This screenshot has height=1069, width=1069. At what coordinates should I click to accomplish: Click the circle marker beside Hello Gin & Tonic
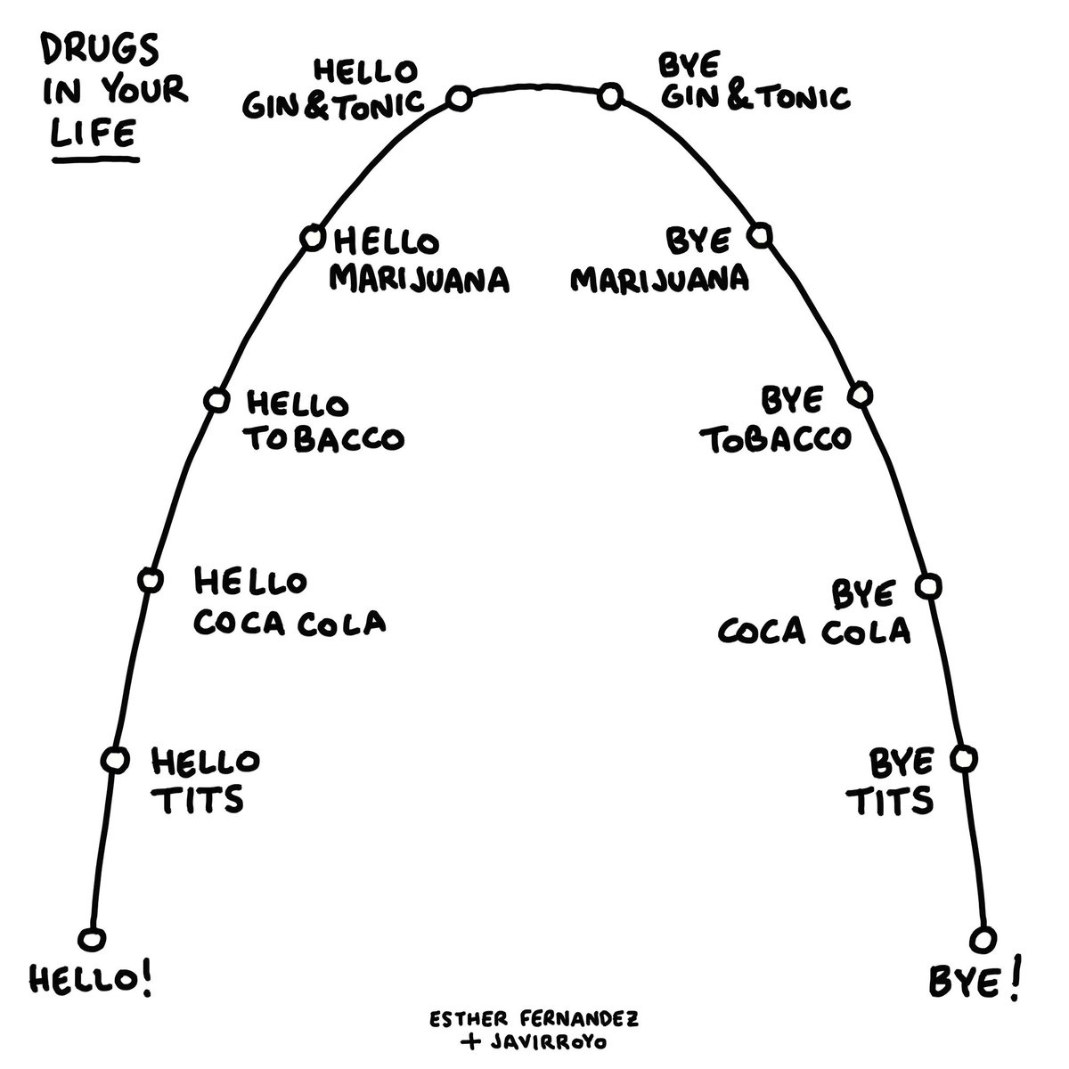pyautogui.click(x=459, y=98)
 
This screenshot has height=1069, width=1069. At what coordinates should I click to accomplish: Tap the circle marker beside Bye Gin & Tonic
pyautogui.click(x=609, y=95)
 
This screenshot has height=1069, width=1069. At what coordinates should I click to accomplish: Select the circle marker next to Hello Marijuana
pyautogui.click(x=312, y=238)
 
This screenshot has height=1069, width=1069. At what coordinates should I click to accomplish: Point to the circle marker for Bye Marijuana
pyautogui.click(x=759, y=236)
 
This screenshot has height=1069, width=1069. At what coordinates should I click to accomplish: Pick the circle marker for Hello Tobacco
pyautogui.click(x=216, y=400)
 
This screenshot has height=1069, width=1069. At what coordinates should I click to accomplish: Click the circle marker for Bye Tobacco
pyautogui.click(x=860, y=395)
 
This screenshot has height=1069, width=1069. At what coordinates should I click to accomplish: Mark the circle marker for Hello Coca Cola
pyautogui.click(x=150, y=580)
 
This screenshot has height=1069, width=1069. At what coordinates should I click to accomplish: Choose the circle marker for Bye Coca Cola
pyautogui.click(x=927, y=585)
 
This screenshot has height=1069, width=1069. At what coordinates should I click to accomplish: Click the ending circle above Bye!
pyautogui.click(x=983, y=940)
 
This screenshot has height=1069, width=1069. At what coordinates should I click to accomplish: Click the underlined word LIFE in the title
pyautogui.click(x=94, y=134)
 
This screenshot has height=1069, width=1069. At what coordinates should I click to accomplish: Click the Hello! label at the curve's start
pyautogui.click(x=91, y=981)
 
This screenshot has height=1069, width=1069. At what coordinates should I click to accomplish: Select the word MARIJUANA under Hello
pyautogui.click(x=420, y=279)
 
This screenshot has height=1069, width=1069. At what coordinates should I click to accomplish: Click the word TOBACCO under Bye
pyautogui.click(x=776, y=439)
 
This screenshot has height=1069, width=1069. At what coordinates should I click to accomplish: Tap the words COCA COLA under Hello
pyautogui.click(x=290, y=621)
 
